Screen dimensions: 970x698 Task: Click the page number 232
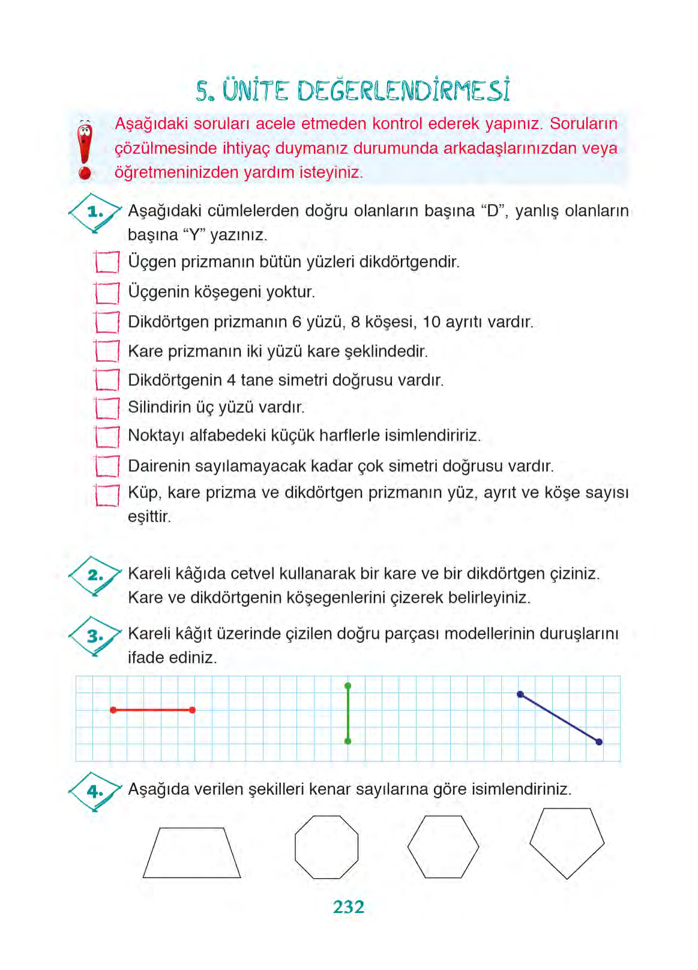point(348,906)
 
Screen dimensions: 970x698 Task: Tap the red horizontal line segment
point(152,710)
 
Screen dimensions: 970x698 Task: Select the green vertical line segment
point(347,714)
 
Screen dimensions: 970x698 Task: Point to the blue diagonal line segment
point(559,718)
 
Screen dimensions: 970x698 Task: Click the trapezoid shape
point(191,854)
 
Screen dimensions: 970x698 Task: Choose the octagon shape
point(326,846)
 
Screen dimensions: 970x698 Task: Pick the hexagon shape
point(443,846)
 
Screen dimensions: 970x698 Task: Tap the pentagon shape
point(567,842)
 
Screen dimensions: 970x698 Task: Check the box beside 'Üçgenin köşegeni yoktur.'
point(107,293)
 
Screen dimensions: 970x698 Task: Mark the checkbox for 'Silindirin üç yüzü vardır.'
point(107,408)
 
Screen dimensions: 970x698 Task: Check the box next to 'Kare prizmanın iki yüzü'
point(107,351)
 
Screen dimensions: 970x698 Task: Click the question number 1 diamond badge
point(95,212)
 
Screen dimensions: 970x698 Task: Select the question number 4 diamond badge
point(95,791)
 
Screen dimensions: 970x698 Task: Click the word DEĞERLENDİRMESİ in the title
point(403,91)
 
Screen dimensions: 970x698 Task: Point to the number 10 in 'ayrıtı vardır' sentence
point(432,322)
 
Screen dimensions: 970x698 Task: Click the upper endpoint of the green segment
point(347,685)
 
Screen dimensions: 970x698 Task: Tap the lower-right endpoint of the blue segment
point(599,742)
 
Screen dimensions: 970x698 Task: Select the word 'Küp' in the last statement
point(143,493)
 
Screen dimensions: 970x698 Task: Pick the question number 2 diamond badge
point(95,575)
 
